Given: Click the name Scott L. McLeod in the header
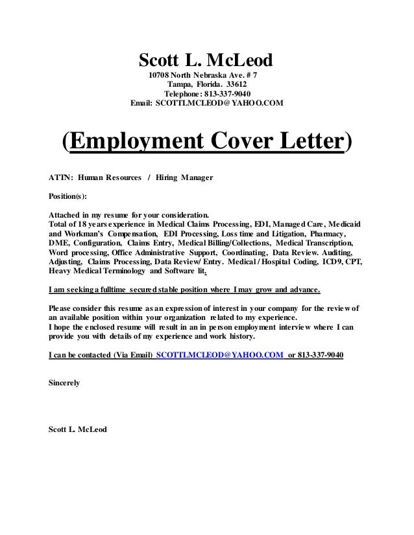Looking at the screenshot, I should pyautogui.click(x=207, y=61).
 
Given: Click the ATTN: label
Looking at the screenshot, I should pyautogui.click(x=60, y=177).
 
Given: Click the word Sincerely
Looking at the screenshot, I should pyautogui.click(x=65, y=383).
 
